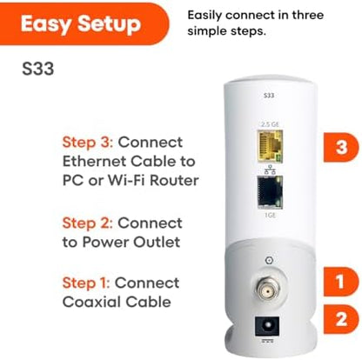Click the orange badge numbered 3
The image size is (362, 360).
339,149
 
